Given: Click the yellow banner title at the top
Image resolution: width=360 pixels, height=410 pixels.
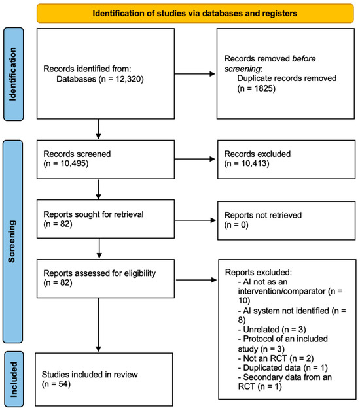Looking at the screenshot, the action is [x=195, y=13].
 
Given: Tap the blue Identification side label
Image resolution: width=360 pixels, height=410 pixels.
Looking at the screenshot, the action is [x=13, y=75].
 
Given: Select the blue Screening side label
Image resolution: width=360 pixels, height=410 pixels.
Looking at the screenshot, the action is [x=12, y=241].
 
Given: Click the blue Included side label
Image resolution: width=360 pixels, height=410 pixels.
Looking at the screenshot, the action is [x=14, y=379].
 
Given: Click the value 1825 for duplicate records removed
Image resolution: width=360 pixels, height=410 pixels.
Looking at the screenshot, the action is [x=264, y=88].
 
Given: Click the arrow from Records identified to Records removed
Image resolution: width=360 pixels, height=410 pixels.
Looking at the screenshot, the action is [x=195, y=74].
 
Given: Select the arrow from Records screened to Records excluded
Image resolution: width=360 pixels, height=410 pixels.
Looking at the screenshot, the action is [x=195, y=159].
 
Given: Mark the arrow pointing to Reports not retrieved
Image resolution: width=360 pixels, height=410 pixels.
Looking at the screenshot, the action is [x=196, y=220].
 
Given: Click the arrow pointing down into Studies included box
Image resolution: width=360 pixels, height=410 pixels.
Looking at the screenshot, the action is [x=98, y=325].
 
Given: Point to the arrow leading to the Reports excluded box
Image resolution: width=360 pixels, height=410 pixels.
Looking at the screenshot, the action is [x=196, y=280].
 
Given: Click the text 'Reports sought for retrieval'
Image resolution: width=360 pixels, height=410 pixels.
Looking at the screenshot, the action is [x=94, y=214].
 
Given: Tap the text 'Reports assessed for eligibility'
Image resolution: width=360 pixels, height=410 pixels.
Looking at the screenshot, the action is [x=99, y=273].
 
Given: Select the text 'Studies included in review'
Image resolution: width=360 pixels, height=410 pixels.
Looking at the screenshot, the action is [x=90, y=375].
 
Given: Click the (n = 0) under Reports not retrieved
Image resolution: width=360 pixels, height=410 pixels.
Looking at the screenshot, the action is [x=236, y=224].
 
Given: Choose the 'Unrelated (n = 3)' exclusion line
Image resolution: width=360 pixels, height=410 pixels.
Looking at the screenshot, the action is [x=272, y=330].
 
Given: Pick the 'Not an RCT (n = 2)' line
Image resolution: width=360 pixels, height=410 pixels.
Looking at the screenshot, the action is [x=276, y=358].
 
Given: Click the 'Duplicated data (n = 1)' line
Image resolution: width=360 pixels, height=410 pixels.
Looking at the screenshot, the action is [x=283, y=368].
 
